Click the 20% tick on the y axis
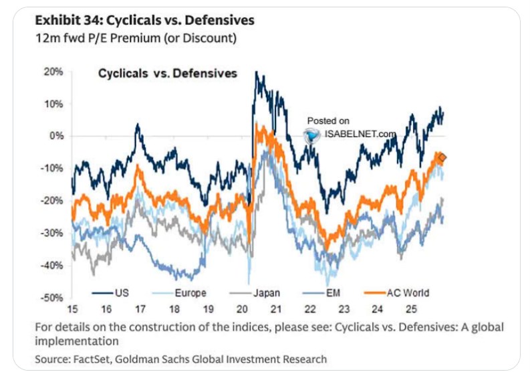(53, 72)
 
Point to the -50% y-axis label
(52, 297)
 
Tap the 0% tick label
(55, 136)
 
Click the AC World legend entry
(408, 292)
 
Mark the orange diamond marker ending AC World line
(442, 158)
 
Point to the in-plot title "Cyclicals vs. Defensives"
(168, 73)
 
